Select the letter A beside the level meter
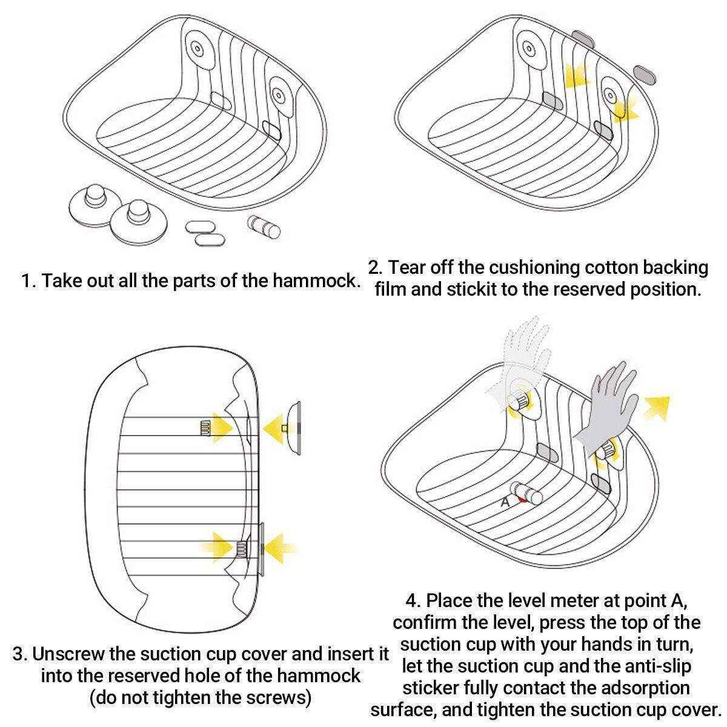click(505, 502)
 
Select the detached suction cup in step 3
click(293, 427)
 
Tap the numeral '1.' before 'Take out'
click(29, 281)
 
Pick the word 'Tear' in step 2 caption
click(410, 267)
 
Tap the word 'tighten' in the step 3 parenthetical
click(184, 698)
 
